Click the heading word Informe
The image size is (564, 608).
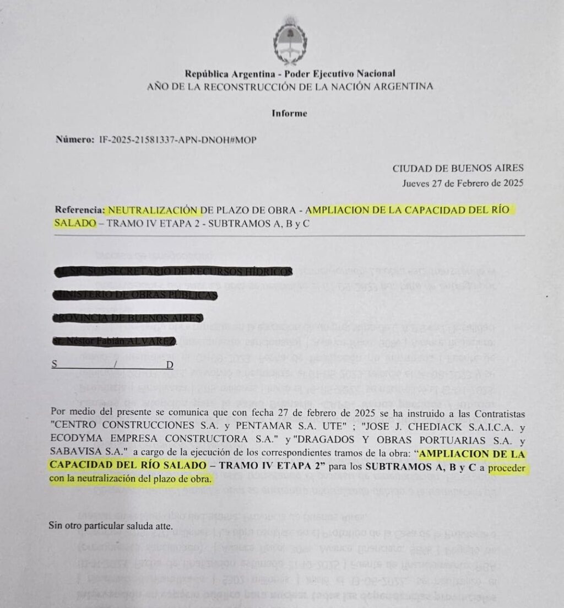[x=289, y=114]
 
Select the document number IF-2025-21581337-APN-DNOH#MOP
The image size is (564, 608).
[x=177, y=139]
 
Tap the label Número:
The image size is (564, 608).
[x=75, y=139]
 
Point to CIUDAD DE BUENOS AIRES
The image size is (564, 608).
[x=458, y=169]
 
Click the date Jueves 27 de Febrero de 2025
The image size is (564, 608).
[x=463, y=183]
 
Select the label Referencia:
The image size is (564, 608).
[x=79, y=210]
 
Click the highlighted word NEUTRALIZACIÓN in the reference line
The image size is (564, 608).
[x=153, y=210]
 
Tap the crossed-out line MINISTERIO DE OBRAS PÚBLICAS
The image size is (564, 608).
[x=135, y=295]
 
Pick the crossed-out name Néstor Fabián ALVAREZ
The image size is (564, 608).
[x=115, y=342]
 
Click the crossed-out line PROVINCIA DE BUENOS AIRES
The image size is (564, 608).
[x=128, y=318]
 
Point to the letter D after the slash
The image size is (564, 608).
[x=170, y=365]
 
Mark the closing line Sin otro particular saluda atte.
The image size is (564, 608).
[x=111, y=525]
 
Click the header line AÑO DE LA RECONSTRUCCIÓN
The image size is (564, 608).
[x=290, y=87]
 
